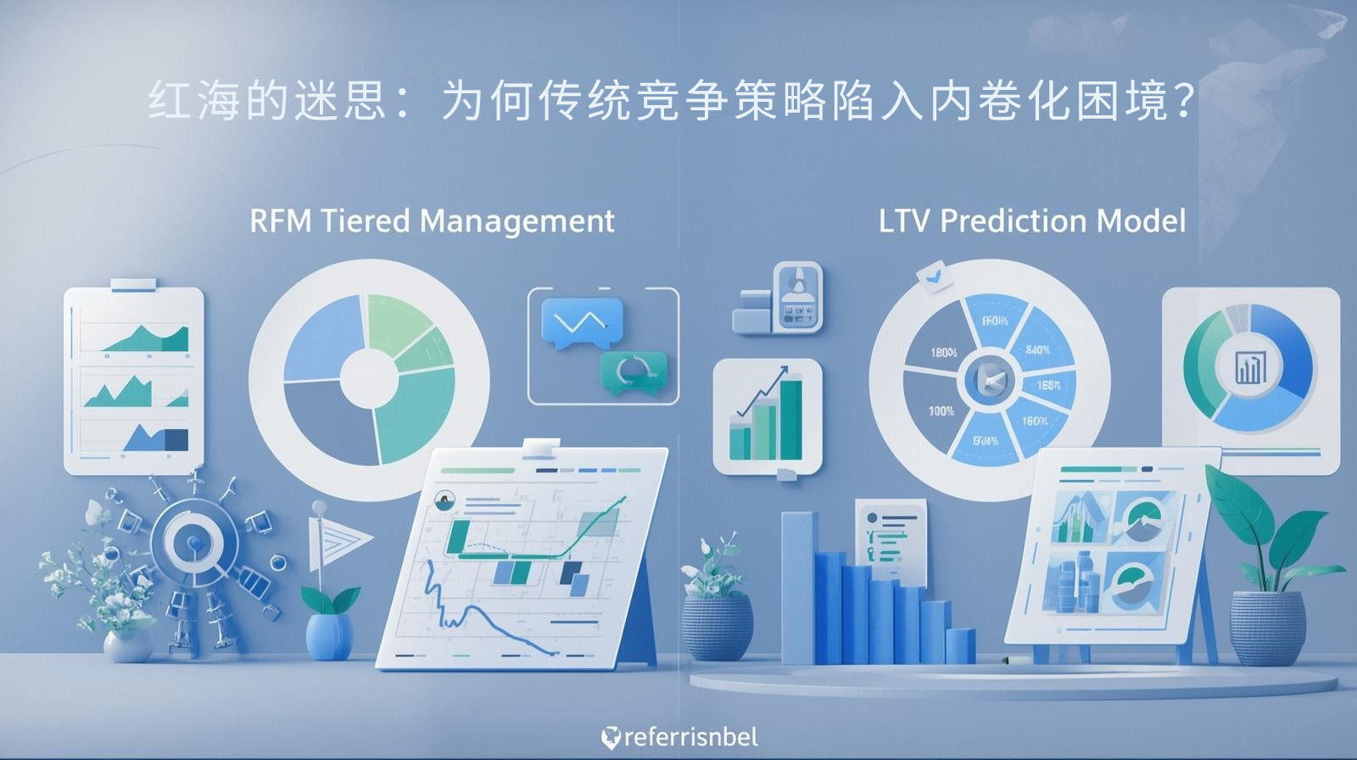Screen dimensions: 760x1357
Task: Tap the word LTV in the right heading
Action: tap(904, 221)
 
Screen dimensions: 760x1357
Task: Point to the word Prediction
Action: tap(1014, 221)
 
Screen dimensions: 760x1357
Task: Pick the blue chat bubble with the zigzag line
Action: tap(581, 322)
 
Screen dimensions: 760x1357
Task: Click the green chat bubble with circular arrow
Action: tap(633, 372)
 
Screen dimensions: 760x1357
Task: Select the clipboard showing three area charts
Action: tap(134, 380)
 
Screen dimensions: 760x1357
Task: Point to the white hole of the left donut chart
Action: tap(369, 379)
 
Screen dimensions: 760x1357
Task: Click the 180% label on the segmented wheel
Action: tap(943, 353)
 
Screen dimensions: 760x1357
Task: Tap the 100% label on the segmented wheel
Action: tap(941, 411)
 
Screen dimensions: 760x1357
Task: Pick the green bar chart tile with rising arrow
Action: tap(767, 416)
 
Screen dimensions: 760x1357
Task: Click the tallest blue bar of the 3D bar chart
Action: tap(798, 585)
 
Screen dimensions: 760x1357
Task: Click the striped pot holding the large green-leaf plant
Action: tap(1267, 626)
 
